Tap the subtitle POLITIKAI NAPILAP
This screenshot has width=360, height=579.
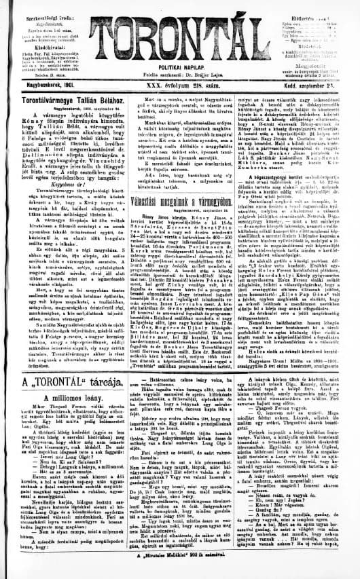181,71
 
